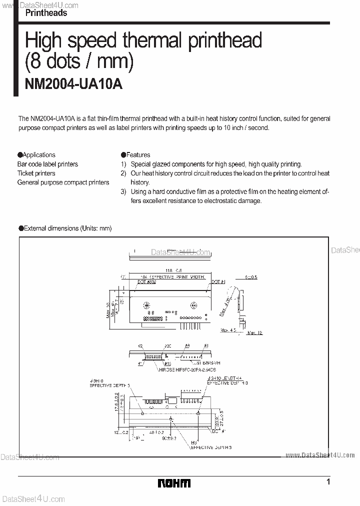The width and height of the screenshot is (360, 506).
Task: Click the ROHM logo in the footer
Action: coord(174,483)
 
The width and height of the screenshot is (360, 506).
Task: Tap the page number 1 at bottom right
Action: coord(328,482)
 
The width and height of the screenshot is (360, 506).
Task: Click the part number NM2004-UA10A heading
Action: coord(73,84)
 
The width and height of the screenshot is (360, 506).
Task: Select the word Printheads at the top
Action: coord(46,13)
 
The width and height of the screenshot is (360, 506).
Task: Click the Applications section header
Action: coord(36,155)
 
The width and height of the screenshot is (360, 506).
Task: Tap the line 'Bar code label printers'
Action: coord(47,164)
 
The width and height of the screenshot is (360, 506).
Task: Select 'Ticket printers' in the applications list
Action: coord(36,173)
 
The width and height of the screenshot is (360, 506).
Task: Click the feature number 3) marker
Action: coord(123,191)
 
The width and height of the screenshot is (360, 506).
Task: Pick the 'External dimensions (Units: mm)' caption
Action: coord(65,228)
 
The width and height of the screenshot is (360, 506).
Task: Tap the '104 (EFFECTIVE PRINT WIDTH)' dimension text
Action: coord(172,276)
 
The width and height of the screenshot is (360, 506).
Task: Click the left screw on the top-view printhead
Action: coord(147,305)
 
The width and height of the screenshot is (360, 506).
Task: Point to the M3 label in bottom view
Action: coord(193,442)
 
